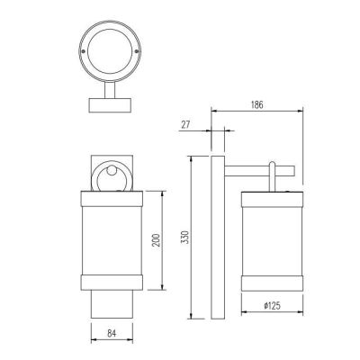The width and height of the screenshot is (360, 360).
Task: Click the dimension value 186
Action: click(x=256, y=104)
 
